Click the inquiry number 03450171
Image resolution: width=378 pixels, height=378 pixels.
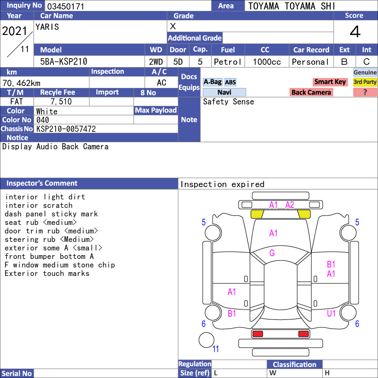[66, 6]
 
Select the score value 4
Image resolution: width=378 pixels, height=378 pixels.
[355, 32]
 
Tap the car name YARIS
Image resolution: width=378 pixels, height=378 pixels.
[47, 27]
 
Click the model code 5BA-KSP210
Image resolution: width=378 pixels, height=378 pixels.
[64, 61]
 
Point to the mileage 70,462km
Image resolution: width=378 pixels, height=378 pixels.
[21, 83]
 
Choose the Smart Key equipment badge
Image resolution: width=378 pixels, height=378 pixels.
[330, 82]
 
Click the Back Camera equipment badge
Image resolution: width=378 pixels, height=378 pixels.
[311, 92]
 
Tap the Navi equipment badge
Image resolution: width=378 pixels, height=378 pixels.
[224, 92]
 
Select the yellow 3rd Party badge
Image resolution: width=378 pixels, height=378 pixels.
[365, 82]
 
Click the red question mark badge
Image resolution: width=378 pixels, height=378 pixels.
[365, 92]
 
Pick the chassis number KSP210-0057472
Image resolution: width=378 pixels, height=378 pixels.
[66, 129]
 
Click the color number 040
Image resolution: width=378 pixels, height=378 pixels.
[43, 120]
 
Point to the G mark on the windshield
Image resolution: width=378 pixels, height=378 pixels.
[272, 253]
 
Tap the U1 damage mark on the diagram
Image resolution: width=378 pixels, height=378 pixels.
[331, 313]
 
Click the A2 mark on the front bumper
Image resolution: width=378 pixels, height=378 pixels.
[290, 205]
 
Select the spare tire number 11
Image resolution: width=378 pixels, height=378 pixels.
[215, 349]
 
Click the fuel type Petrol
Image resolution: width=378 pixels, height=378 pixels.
[227, 62]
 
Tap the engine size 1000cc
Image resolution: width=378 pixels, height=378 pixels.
[266, 62]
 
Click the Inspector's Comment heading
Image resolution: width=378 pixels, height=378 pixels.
[42, 183]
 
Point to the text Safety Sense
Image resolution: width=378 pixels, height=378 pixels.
[228, 102]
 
